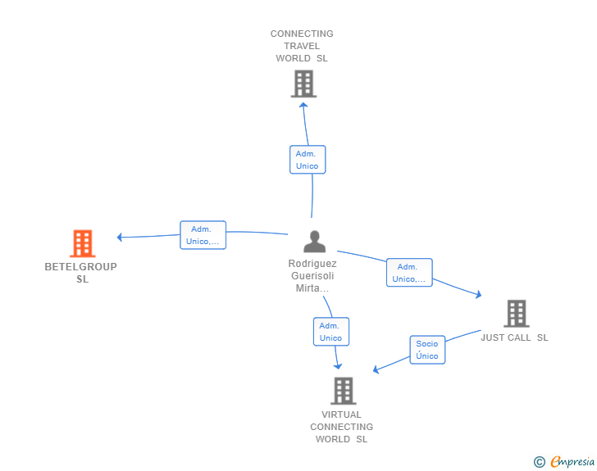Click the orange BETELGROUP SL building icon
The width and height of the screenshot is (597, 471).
83,243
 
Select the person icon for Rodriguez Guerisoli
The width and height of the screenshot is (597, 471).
315,242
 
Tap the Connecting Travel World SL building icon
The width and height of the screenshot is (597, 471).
303,84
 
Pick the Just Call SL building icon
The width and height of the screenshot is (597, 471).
517,314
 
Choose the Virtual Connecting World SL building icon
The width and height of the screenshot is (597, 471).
344,391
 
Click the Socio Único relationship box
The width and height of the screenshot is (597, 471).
427,350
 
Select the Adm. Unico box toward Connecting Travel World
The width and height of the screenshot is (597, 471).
308,160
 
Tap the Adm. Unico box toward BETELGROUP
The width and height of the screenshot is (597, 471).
203,235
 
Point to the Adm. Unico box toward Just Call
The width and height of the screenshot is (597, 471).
409,273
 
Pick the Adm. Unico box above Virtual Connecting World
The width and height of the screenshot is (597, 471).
330,332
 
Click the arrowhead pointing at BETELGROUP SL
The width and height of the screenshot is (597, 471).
119,237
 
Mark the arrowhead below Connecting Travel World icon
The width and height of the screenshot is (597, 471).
303,105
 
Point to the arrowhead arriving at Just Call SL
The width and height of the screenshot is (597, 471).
479,294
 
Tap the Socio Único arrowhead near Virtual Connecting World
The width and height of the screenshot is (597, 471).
376,369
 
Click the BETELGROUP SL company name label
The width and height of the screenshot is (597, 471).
80,273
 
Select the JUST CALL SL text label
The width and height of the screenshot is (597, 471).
514,337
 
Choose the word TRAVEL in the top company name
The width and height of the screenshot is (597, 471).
302,46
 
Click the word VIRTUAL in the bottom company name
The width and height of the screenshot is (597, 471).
341,414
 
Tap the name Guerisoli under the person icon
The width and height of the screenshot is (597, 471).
312,276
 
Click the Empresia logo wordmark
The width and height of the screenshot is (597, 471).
572,461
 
